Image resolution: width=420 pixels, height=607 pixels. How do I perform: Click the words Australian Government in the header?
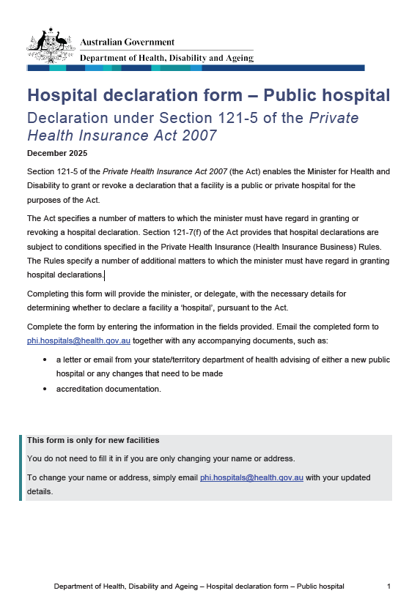(127, 42)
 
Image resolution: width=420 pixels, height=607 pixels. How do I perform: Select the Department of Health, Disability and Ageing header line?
(166, 58)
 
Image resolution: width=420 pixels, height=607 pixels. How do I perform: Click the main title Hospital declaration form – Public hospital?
(208, 95)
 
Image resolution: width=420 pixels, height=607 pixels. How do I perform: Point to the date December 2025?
(56, 153)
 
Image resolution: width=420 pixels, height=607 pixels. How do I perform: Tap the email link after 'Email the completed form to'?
(78, 340)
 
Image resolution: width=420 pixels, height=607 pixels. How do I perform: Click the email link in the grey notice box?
(251, 477)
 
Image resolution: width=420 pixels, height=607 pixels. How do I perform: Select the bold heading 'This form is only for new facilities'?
(93, 440)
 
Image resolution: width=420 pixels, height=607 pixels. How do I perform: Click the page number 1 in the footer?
(388, 586)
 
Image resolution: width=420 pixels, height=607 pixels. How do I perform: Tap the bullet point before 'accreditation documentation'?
(46, 389)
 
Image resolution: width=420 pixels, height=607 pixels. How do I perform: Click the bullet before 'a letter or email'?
(46, 360)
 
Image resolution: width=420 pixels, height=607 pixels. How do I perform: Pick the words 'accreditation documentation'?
(108, 389)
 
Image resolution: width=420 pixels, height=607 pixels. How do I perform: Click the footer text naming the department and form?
(199, 586)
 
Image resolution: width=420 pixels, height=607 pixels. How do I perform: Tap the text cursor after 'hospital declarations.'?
(105, 275)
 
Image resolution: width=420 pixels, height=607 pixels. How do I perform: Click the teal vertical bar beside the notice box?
(21, 467)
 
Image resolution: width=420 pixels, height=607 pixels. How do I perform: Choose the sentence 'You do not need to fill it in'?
(161, 458)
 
